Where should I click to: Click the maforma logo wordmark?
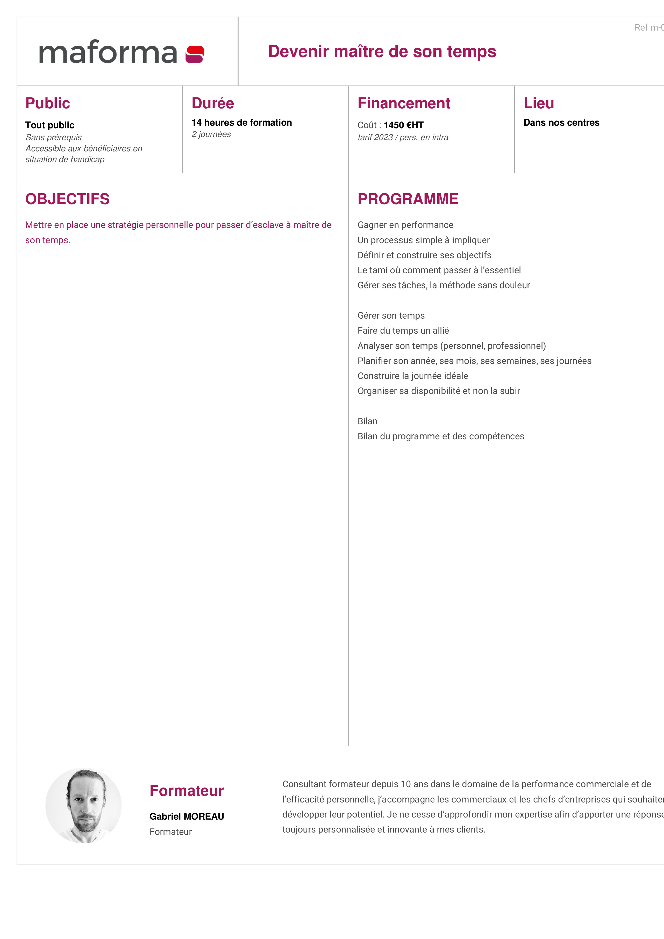[x=108, y=52]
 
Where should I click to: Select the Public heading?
[x=47, y=103]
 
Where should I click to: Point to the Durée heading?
[x=213, y=103]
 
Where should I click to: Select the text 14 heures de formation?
[x=241, y=123]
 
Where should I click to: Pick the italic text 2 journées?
[x=211, y=134]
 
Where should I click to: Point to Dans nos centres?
[x=561, y=123]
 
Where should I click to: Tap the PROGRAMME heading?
[x=408, y=199]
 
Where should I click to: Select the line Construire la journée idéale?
[x=412, y=376]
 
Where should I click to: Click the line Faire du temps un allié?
[x=403, y=331]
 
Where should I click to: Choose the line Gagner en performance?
[x=405, y=225]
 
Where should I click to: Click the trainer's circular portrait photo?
[x=83, y=805]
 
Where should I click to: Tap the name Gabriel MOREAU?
[x=187, y=816]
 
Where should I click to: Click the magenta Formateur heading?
[x=187, y=791]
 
